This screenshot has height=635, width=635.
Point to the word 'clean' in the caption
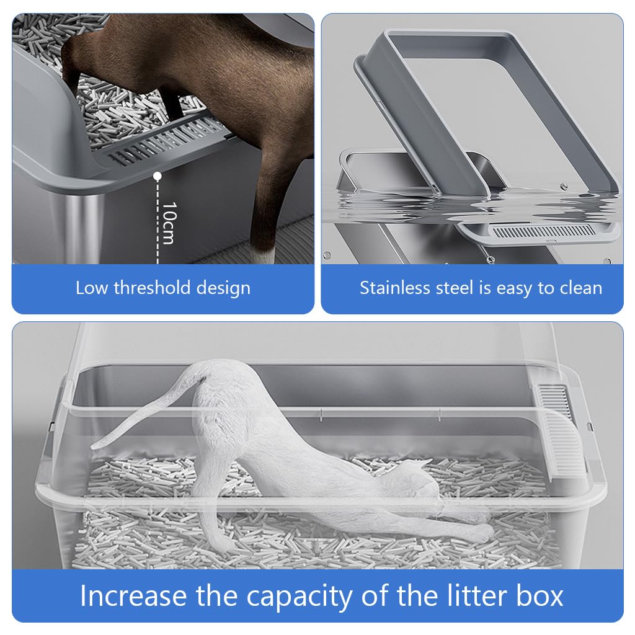579,288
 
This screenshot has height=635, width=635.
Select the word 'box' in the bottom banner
540,596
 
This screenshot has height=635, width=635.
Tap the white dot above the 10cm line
158,177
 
